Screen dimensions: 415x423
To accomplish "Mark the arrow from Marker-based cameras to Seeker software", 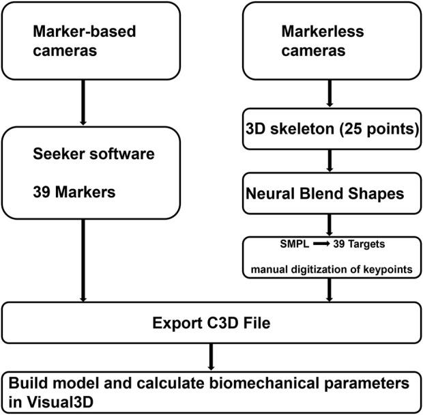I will pos(83,102).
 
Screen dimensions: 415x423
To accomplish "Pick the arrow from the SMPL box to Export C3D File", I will pos(332,290).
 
